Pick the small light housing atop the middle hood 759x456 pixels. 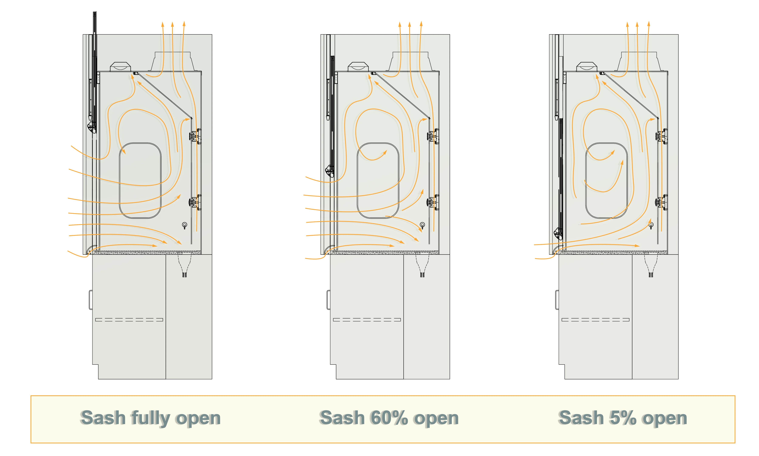(x=358, y=67)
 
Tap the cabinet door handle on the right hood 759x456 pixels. (x=557, y=300)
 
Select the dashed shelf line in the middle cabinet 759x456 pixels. (x=367, y=320)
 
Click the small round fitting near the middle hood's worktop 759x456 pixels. (x=422, y=225)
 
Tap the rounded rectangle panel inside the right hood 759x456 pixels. (x=606, y=180)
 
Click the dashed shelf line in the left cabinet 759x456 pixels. (x=129, y=320)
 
